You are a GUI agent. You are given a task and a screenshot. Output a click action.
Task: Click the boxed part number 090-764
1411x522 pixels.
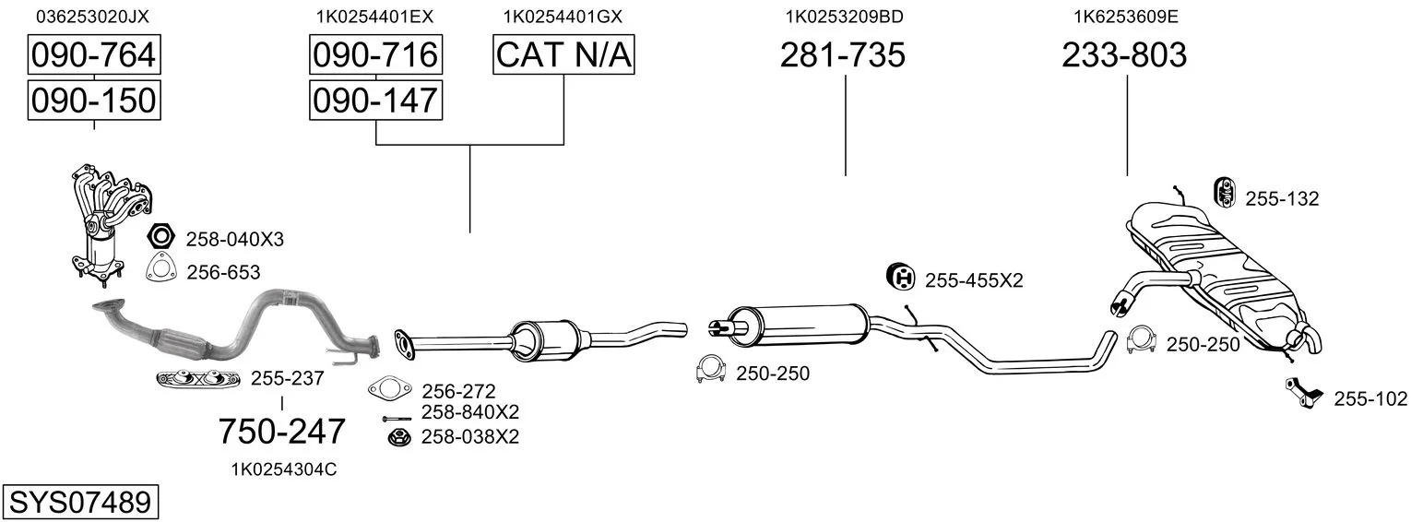pyautogui.click(x=93, y=55)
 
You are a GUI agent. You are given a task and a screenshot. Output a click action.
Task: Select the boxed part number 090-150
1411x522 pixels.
pyautogui.click(x=93, y=100)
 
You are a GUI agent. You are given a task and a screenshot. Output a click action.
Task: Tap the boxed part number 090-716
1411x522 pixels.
pyautogui.click(x=374, y=55)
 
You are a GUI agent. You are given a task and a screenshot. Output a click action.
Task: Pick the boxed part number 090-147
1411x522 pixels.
pyautogui.click(x=374, y=100)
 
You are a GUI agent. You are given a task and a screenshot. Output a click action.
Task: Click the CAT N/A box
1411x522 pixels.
pyautogui.click(x=564, y=55)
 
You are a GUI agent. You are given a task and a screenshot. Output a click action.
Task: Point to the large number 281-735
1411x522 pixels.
pyautogui.click(x=843, y=56)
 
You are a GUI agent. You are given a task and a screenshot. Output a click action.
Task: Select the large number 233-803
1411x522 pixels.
pyautogui.click(x=1124, y=56)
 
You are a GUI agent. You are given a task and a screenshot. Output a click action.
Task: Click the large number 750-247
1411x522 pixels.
pyautogui.click(x=281, y=431)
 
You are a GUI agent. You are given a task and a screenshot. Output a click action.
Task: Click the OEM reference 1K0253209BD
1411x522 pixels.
pyautogui.click(x=843, y=17)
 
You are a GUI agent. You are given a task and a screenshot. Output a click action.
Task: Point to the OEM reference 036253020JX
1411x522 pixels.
pyautogui.click(x=92, y=17)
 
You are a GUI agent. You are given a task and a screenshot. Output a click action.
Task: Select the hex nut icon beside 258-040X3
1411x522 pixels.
pyautogui.click(x=160, y=237)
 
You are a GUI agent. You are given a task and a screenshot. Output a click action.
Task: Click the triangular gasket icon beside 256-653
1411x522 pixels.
pyautogui.click(x=160, y=268)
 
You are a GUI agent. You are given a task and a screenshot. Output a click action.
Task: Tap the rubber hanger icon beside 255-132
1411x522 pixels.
pyautogui.click(x=1224, y=191)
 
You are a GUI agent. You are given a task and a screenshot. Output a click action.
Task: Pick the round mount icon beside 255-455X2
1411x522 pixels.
pyautogui.click(x=900, y=276)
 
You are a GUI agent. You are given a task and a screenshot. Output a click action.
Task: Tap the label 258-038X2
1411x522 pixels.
pyautogui.click(x=469, y=436)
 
